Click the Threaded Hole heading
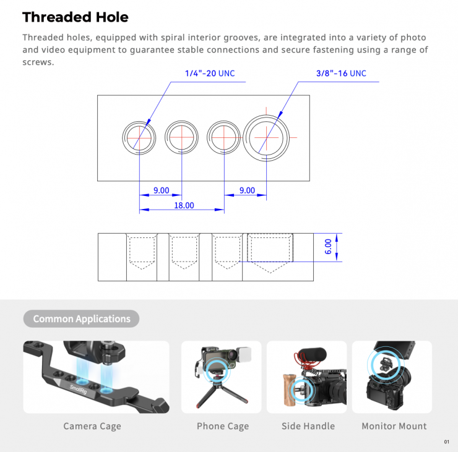[76, 17]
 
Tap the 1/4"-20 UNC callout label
[210, 73]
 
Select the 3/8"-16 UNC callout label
[341, 73]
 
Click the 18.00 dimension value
[184, 205]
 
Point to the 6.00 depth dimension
[328, 247]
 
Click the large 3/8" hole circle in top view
[243, 138]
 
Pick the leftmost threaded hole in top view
[123, 138]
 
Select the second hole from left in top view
[165, 137]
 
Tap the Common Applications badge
[81, 318]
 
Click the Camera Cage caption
[92, 426]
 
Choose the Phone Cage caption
[223, 426]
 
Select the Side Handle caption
[308, 426]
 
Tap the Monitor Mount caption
[394, 426]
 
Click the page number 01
[447, 441]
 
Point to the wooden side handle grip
[290, 390]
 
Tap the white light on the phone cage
[243, 355]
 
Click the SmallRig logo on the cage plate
[78, 390]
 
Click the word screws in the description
[38, 62]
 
